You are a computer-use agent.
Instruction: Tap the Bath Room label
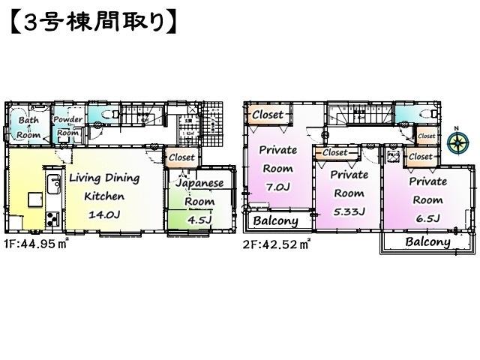(x=29, y=126)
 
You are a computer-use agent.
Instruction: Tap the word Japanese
(x=199, y=183)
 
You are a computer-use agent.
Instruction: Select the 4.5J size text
(x=199, y=220)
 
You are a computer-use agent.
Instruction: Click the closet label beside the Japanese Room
(x=181, y=157)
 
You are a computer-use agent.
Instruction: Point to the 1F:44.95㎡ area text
(x=37, y=243)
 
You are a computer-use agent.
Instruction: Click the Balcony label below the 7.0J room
(x=275, y=221)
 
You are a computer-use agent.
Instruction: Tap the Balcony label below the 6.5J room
(x=427, y=242)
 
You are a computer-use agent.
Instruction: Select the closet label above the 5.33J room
(x=334, y=152)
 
